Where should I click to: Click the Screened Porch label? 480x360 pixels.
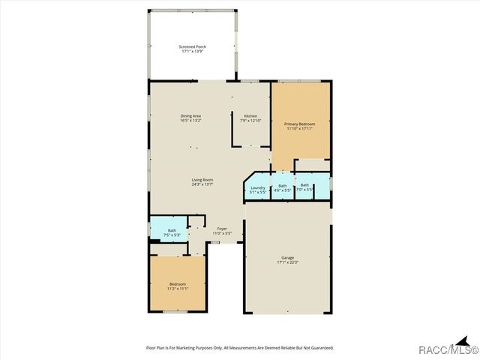tap(193, 46)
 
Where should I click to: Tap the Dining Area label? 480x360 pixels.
tap(190, 115)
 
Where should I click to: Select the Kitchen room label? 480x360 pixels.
tap(250, 115)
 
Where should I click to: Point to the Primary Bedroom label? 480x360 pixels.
tap(299, 124)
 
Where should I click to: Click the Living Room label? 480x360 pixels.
tap(202, 180)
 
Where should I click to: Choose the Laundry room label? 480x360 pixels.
tap(258, 187)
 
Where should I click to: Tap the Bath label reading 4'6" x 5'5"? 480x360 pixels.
tap(282, 185)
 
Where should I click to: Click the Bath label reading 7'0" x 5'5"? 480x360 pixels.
tap(304, 184)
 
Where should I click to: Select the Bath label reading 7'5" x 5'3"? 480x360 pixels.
tap(172, 230)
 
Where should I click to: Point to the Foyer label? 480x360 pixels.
tap(223, 229)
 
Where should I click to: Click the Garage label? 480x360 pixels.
tap(288, 258)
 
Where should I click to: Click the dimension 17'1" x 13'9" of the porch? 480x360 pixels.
tap(193, 52)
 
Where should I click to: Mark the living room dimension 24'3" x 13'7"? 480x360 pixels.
tap(202, 184)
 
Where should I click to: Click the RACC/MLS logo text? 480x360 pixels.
tap(449, 350)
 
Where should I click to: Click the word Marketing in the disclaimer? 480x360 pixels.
tap(189, 348)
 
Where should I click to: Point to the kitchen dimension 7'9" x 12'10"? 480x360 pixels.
tap(250, 121)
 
